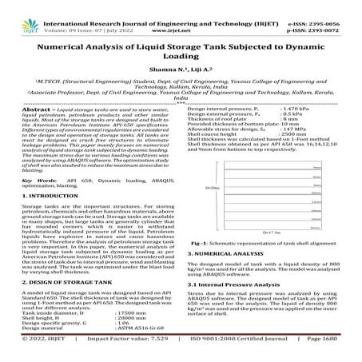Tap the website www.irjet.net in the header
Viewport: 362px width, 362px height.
tap(181, 15)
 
